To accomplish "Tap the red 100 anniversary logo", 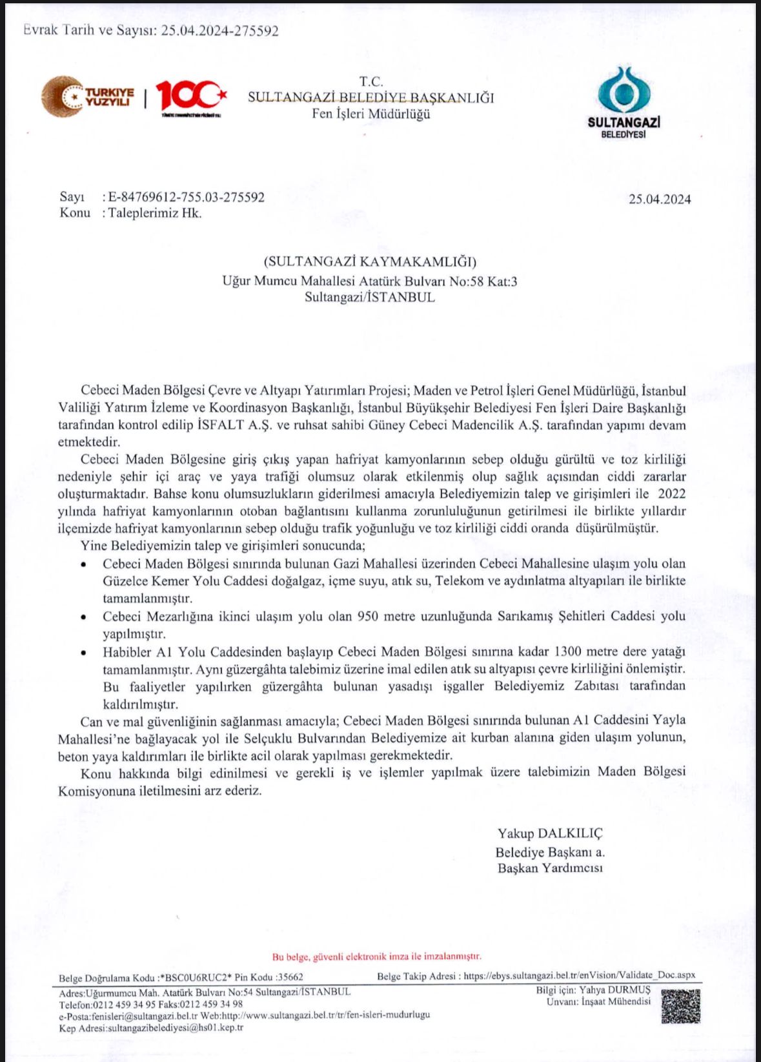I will pyautogui.click(x=190, y=96).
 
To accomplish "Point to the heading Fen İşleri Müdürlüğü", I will pyautogui.click(x=370, y=114).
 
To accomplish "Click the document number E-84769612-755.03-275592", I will pyautogui.click(x=186, y=197).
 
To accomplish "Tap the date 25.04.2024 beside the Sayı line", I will pyautogui.click(x=660, y=199).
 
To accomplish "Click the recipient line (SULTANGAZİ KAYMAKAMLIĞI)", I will pyautogui.click(x=370, y=261).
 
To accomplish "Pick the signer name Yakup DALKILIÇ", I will pyautogui.click(x=550, y=833).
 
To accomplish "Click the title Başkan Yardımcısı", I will pyautogui.click(x=550, y=868).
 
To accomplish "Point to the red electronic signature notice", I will pyautogui.click(x=376, y=956).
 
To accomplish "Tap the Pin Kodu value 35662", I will pyautogui.click(x=290, y=977).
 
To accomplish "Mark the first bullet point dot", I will pyautogui.click(x=83, y=564).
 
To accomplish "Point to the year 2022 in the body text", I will pyautogui.click(x=671, y=494).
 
